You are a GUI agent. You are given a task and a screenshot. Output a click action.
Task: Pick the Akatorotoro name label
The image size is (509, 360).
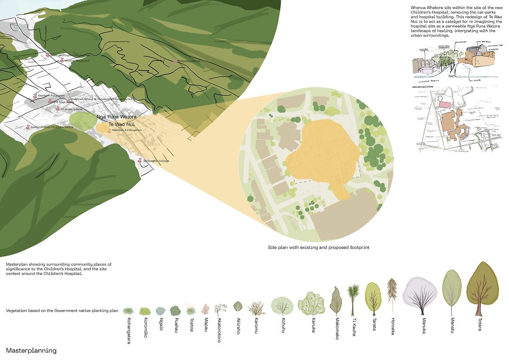click(219, 330)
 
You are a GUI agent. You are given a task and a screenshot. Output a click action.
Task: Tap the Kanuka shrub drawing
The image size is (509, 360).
click(312, 303)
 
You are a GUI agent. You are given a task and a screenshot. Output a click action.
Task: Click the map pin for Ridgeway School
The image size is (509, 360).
click(176, 61)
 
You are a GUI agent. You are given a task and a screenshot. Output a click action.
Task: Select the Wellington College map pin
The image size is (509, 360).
click(140, 160)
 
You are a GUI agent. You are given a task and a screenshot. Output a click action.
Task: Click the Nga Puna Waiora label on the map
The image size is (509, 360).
click(116, 117)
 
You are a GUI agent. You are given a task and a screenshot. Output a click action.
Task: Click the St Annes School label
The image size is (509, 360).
click(71, 109)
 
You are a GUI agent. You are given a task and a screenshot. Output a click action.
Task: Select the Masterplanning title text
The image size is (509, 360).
click(31, 350)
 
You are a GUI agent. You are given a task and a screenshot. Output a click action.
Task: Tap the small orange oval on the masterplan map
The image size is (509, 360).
click(102, 128)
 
